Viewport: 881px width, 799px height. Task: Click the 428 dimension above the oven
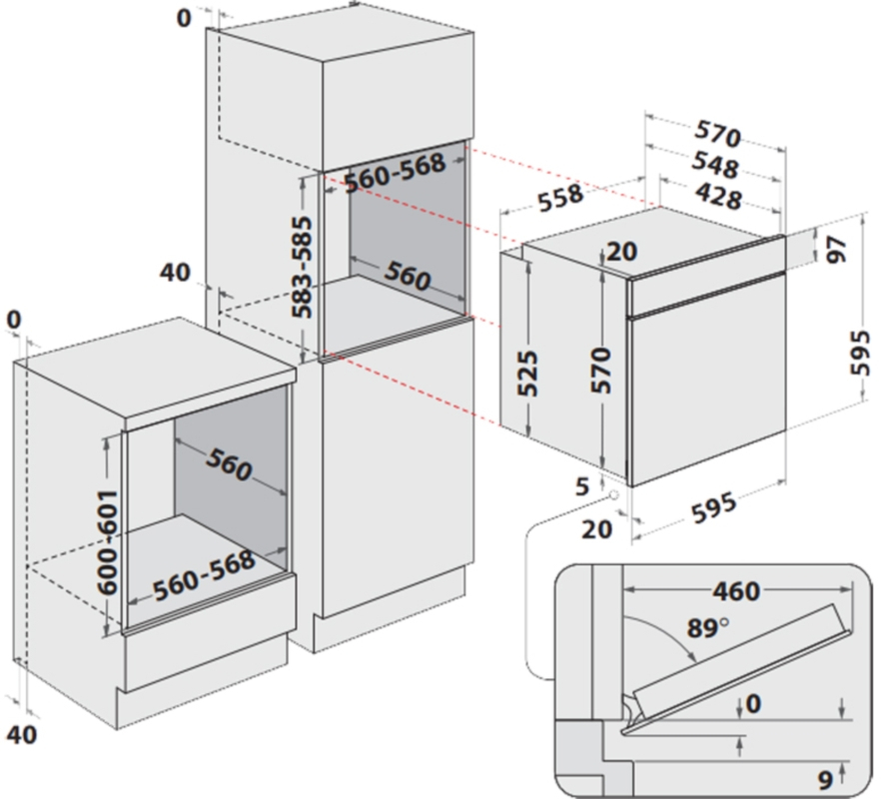[718, 197]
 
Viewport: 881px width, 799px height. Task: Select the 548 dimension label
[715, 165]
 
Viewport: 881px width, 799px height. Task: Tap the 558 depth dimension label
[560, 199]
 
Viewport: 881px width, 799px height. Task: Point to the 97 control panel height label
[837, 250]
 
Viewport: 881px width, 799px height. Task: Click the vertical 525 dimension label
[527, 374]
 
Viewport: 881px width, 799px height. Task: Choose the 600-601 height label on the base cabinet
[107, 542]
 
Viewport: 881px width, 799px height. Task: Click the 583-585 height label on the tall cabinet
[302, 267]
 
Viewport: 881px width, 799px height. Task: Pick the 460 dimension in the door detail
[736, 591]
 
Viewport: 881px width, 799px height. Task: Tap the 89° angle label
[707, 627]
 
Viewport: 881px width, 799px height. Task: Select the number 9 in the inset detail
[825, 779]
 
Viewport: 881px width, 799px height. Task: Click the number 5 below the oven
[582, 486]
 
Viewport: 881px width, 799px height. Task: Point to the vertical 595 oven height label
[860, 353]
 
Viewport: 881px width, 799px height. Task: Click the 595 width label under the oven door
[713, 507]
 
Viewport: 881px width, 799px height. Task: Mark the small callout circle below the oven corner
[613, 495]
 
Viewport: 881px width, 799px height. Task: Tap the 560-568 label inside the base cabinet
[204, 575]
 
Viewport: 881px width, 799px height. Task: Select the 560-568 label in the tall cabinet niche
[395, 173]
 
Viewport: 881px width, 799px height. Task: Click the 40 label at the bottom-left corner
[22, 734]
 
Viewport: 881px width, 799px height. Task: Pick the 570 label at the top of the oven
[718, 134]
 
